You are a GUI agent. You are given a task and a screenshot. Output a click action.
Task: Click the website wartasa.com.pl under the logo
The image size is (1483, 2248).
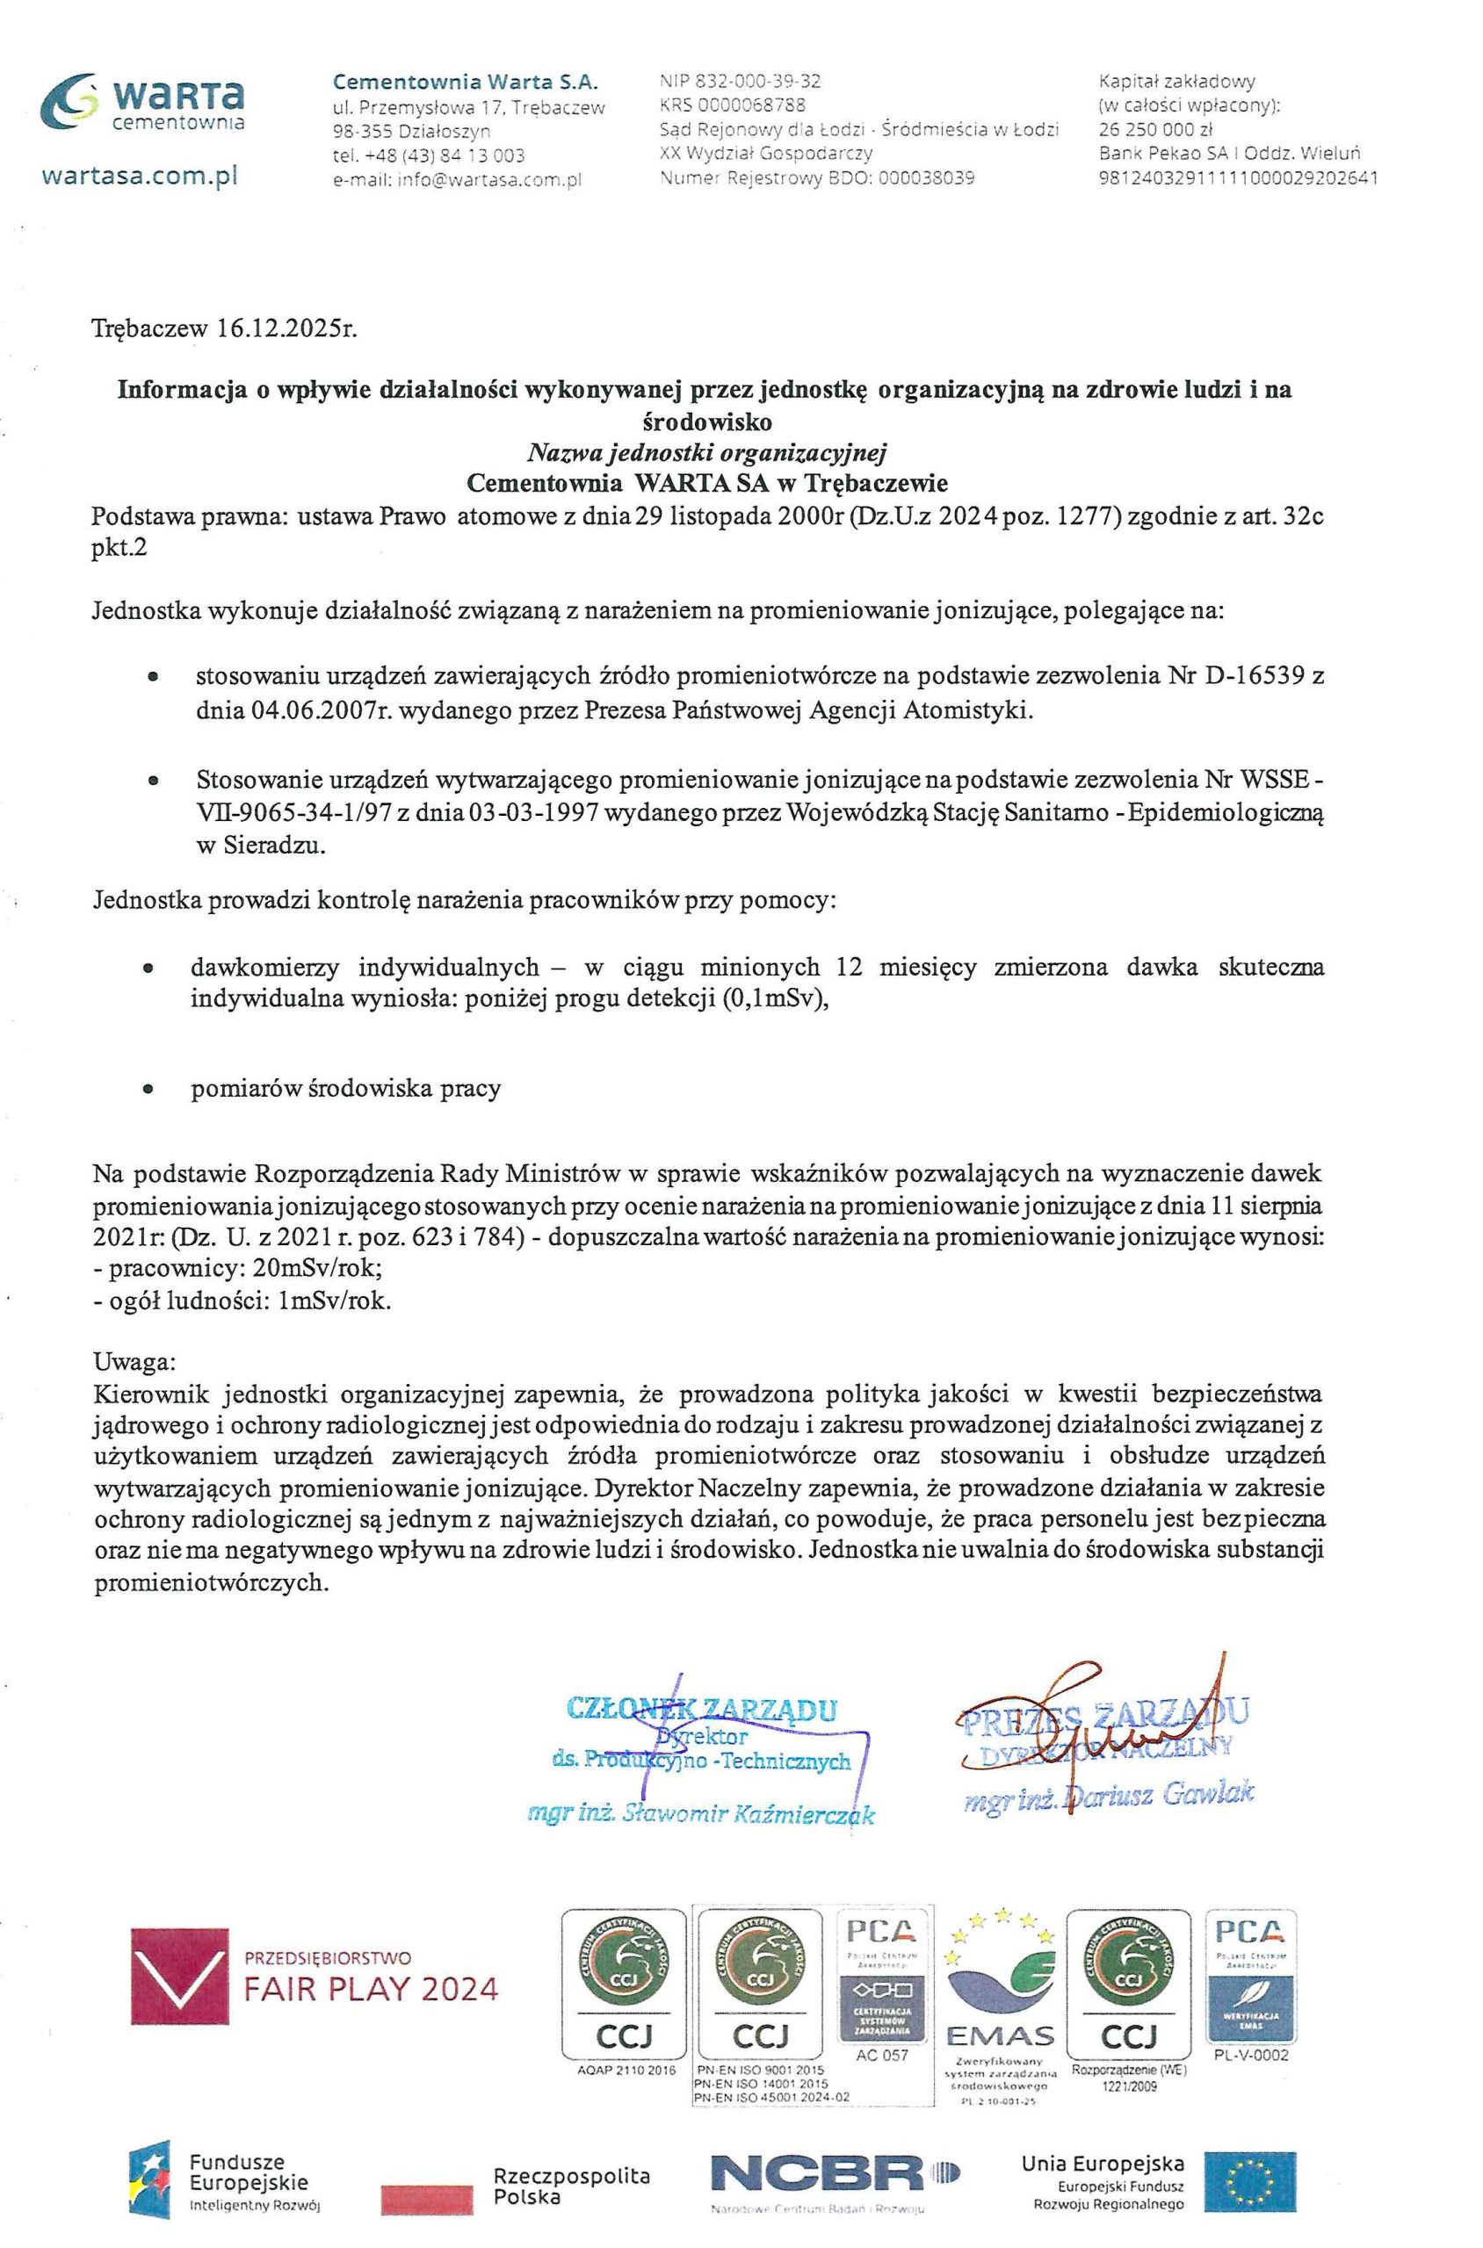[139, 176]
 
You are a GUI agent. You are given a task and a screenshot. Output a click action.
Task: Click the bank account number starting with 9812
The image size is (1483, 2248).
[1238, 177]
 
